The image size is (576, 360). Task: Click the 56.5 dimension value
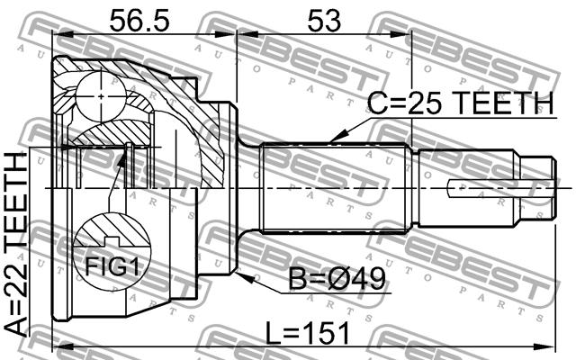pos(139,21)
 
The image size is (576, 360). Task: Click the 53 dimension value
pos(324,21)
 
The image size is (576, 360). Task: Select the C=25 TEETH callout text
pos(460,103)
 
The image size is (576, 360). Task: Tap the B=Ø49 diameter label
pos(337,279)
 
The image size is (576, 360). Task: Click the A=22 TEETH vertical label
pos(16,243)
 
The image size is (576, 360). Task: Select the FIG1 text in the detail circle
pos(112,266)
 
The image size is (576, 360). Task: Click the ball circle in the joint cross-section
pos(101,96)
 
